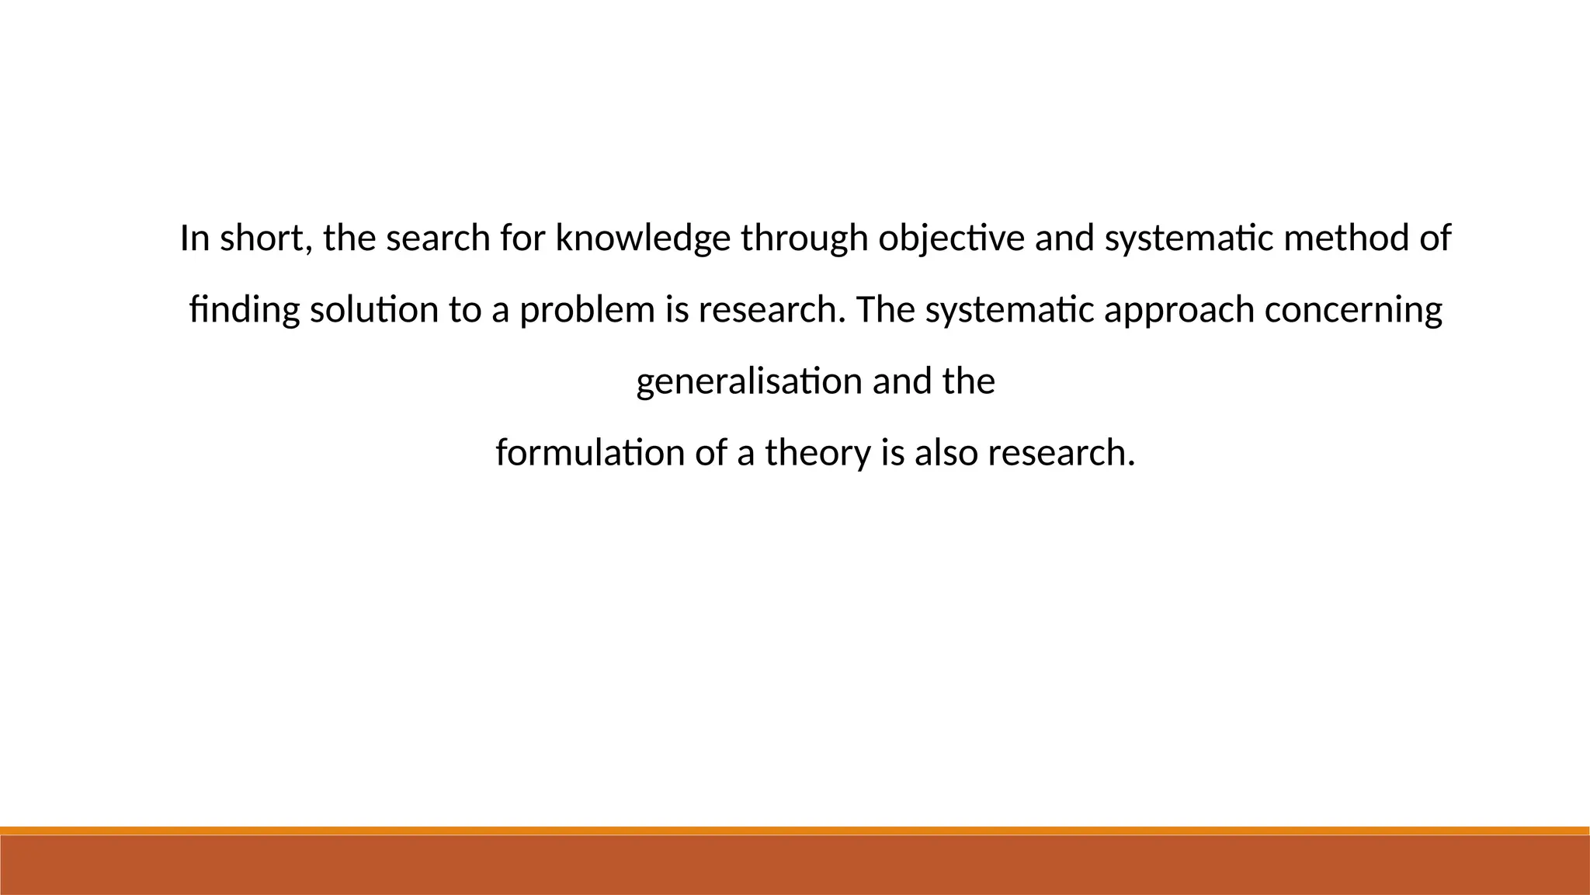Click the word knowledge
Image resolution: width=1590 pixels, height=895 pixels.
point(643,238)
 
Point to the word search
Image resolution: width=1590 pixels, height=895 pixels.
point(438,238)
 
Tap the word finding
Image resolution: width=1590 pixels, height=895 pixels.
point(244,310)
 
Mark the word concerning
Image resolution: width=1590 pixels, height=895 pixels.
point(1353,310)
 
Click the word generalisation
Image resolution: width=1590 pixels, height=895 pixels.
point(749,381)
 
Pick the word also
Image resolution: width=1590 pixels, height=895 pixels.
point(946,453)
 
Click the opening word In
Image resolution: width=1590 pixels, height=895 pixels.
point(195,238)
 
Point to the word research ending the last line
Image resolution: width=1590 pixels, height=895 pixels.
point(1061,453)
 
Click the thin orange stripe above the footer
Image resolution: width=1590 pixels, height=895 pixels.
point(795,831)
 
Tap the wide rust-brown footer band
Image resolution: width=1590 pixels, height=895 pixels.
point(795,865)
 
